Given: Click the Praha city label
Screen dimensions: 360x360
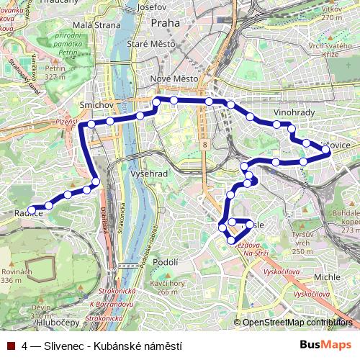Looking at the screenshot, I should [x=165, y=23].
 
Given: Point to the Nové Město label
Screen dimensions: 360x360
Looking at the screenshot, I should [x=168, y=78].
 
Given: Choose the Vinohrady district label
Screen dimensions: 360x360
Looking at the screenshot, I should [x=293, y=114].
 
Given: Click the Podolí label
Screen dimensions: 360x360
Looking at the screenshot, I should [x=166, y=262].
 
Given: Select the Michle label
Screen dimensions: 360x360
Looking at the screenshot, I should [x=328, y=276].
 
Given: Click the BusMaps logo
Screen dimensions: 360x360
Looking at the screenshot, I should [x=325, y=345].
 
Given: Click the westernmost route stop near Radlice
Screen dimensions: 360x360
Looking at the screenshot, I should [x=31, y=210].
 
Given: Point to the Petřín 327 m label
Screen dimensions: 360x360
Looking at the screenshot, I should [x=55, y=72].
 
